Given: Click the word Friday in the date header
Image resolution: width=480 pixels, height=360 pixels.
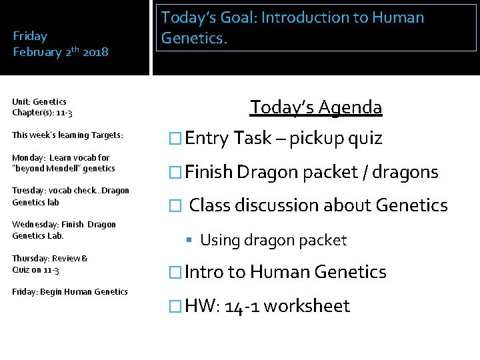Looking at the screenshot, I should point(30,36).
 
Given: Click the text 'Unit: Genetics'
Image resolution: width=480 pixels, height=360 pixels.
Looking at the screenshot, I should point(39,101).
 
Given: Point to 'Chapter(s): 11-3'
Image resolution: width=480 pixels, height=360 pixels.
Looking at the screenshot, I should point(42,113).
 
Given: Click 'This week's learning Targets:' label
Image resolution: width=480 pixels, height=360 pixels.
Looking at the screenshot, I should point(67,135).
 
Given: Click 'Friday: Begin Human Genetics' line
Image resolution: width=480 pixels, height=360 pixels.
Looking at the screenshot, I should point(69,291).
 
